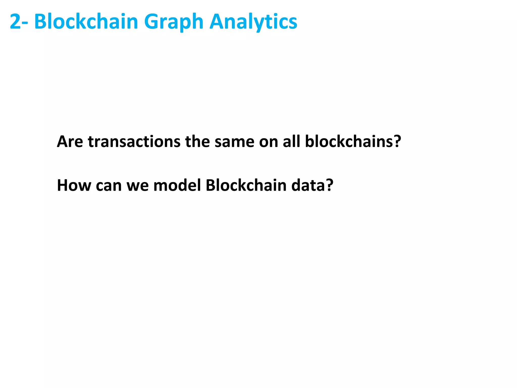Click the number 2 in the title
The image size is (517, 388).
pos(15,22)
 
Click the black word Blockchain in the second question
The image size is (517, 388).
pos(246,185)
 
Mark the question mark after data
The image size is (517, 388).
pos(330,185)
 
